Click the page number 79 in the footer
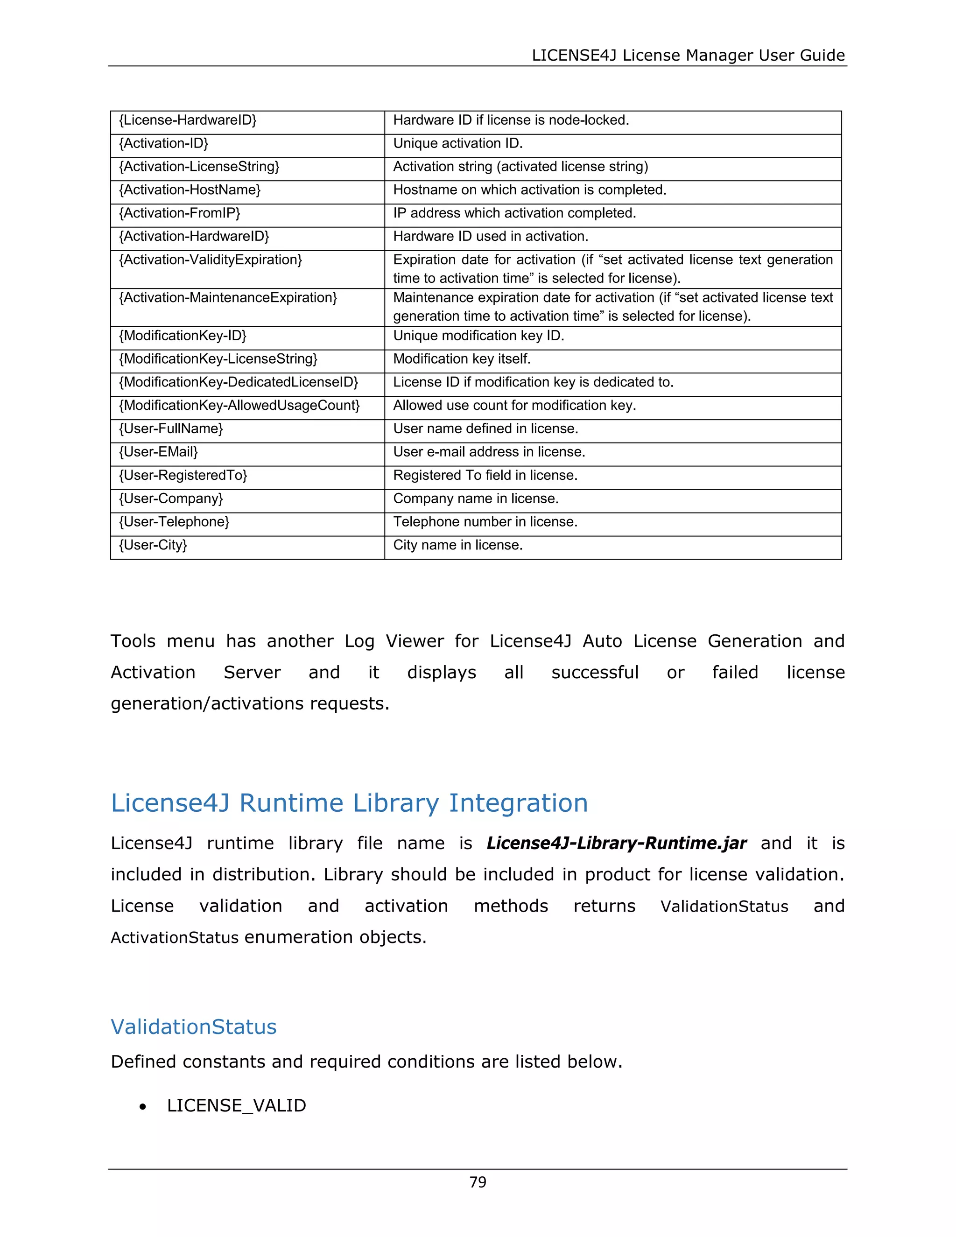click(478, 1182)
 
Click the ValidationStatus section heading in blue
click(194, 1027)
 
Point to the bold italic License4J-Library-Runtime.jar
click(616, 843)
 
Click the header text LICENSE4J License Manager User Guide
click(688, 56)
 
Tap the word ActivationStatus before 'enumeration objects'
click(175, 937)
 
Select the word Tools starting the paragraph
click(133, 641)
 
